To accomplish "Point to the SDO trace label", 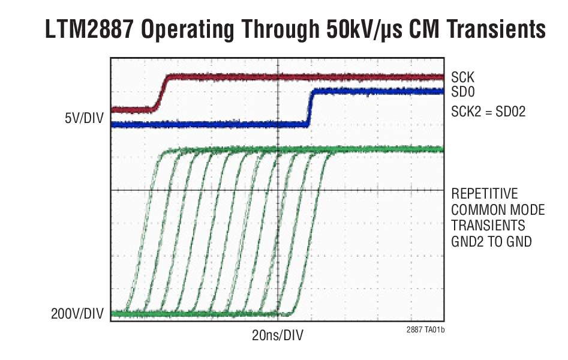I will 462,92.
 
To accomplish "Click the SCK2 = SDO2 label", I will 488,111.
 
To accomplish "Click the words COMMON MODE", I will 498,210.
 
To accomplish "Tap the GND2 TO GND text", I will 491,241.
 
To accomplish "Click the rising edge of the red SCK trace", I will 160,93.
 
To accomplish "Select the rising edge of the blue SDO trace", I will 309,108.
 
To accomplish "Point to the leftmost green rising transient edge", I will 145,234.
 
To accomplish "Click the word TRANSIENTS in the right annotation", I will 488,226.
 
